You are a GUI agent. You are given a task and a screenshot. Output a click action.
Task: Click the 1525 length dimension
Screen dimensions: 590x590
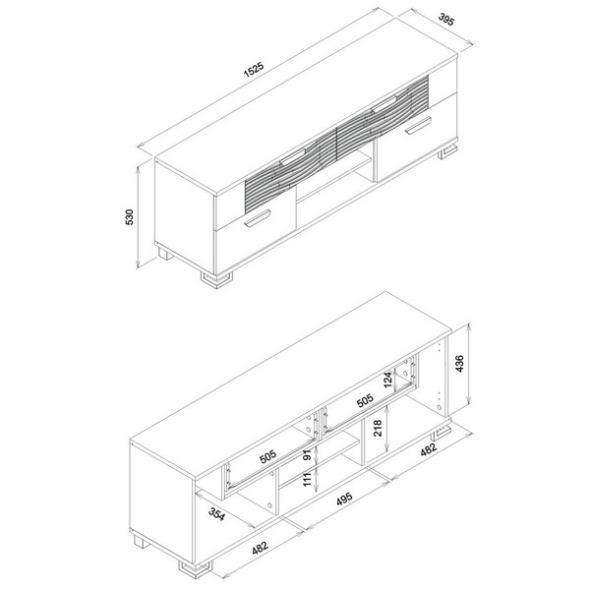point(254,69)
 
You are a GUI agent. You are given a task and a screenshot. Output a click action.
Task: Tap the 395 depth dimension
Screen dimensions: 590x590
point(446,20)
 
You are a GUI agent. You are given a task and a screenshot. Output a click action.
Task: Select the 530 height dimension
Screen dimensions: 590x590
point(129,217)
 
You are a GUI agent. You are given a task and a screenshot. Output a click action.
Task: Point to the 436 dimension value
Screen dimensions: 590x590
point(460,363)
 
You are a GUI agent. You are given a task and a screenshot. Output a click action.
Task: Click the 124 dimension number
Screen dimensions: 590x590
point(388,381)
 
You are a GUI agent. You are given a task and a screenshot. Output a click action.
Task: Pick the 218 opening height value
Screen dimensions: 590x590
point(378,428)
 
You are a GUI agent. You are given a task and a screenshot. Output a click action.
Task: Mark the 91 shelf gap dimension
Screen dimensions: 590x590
point(308,455)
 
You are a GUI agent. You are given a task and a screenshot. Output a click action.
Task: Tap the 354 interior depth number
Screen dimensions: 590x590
point(216,514)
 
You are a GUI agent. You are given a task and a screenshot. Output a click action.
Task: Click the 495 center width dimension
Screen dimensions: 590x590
point(344,499)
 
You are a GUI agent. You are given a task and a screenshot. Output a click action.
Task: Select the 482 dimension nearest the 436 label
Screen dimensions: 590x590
point(428,450)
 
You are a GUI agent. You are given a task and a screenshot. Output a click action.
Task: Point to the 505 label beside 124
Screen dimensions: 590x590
point(365,400)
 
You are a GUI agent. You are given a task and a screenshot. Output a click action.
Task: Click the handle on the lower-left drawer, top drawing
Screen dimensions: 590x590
point(258,219)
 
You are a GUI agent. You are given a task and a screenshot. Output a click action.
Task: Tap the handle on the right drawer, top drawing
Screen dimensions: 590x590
point(419,125)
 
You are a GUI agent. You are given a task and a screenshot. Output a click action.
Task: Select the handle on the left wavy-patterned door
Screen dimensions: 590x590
point(292,156)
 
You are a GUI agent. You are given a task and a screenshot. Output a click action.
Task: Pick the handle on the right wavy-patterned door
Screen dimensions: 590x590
point(383,104)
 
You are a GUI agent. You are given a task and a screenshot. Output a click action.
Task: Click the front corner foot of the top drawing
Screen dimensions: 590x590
point(216,280)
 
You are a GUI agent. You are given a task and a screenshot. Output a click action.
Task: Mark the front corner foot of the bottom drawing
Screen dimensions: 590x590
point(195,570)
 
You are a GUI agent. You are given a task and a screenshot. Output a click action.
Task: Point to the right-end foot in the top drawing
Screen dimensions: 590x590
point(447,150)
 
